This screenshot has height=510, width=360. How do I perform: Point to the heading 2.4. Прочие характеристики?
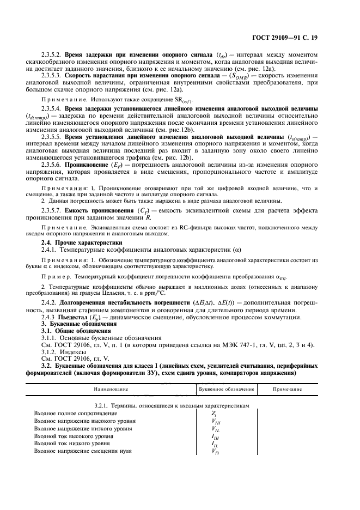pyautogui.click(x=82, y=241)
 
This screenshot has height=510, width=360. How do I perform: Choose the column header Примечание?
pyautogui.click(x=289, y=390)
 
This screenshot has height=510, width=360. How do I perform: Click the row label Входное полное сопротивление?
pyautogui.click(x=75, y=414)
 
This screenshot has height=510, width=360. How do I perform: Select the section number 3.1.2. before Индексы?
pyautogui.click(x=51, y=353)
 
